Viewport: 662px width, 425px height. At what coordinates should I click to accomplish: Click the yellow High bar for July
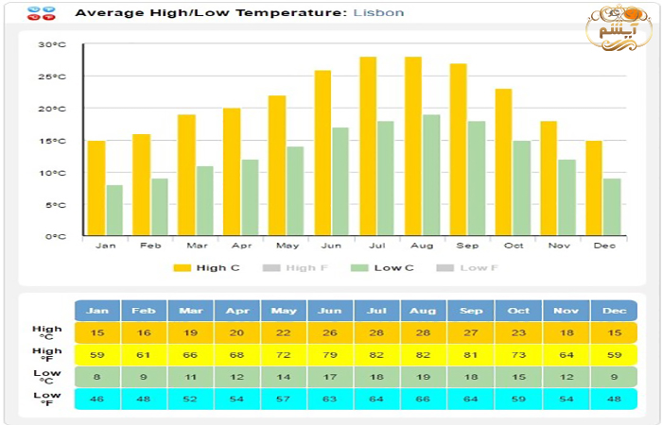point(368,146)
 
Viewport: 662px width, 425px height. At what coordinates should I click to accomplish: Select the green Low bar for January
point(114,210)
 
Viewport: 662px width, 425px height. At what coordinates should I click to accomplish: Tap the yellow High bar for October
point(503,161)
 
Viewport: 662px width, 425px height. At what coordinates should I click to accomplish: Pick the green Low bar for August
point(431,175)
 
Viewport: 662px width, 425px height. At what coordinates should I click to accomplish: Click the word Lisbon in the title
point(378,13)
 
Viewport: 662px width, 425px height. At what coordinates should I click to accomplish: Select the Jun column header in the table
point(330,311)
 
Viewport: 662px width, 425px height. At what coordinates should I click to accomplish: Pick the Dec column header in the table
point(613,311)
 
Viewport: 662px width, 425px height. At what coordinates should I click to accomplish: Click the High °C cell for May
point(284,333)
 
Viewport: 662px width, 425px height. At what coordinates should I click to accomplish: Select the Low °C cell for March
point(190,377)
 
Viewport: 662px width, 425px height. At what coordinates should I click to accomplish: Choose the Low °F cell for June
point(330,399)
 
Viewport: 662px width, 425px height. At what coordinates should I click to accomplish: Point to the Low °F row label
point(46,399)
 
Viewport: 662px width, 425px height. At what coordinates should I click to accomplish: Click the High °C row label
point(46,333)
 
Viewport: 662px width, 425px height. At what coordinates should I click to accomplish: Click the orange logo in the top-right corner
point(618,28)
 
